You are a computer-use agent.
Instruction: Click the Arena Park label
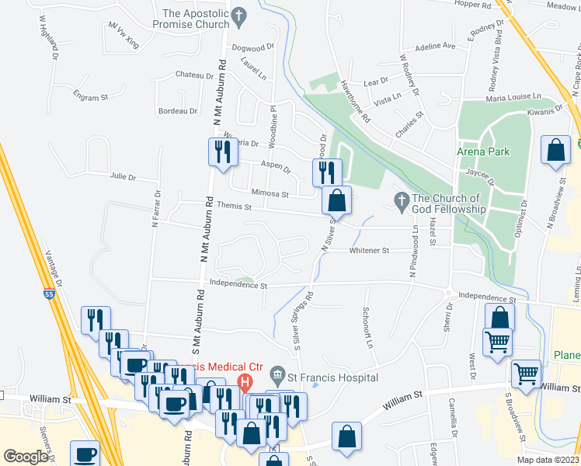pyautogui.click(x=483, y=151)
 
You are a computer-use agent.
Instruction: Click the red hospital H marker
pyautogui.click(x=245, y=382)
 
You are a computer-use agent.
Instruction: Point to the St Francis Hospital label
pyautogui.click(x=334, y=377)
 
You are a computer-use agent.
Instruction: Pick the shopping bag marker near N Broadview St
pyautogui.click(x=556, y=151)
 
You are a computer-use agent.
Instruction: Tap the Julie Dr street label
pyautogui.click(x=123, y=177)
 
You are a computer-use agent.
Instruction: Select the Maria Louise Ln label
pyautogui.click(x=513, y=97)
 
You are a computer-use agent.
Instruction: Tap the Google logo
pyautogui.click(x=26, y=457)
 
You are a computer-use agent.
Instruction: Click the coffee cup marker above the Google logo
pyautogui.click(x=84, y=454)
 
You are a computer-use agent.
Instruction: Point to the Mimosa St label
pyautogui.click(x=270, y=193)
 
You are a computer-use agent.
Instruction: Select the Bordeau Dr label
pyautogui.click(x=178, y=111)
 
